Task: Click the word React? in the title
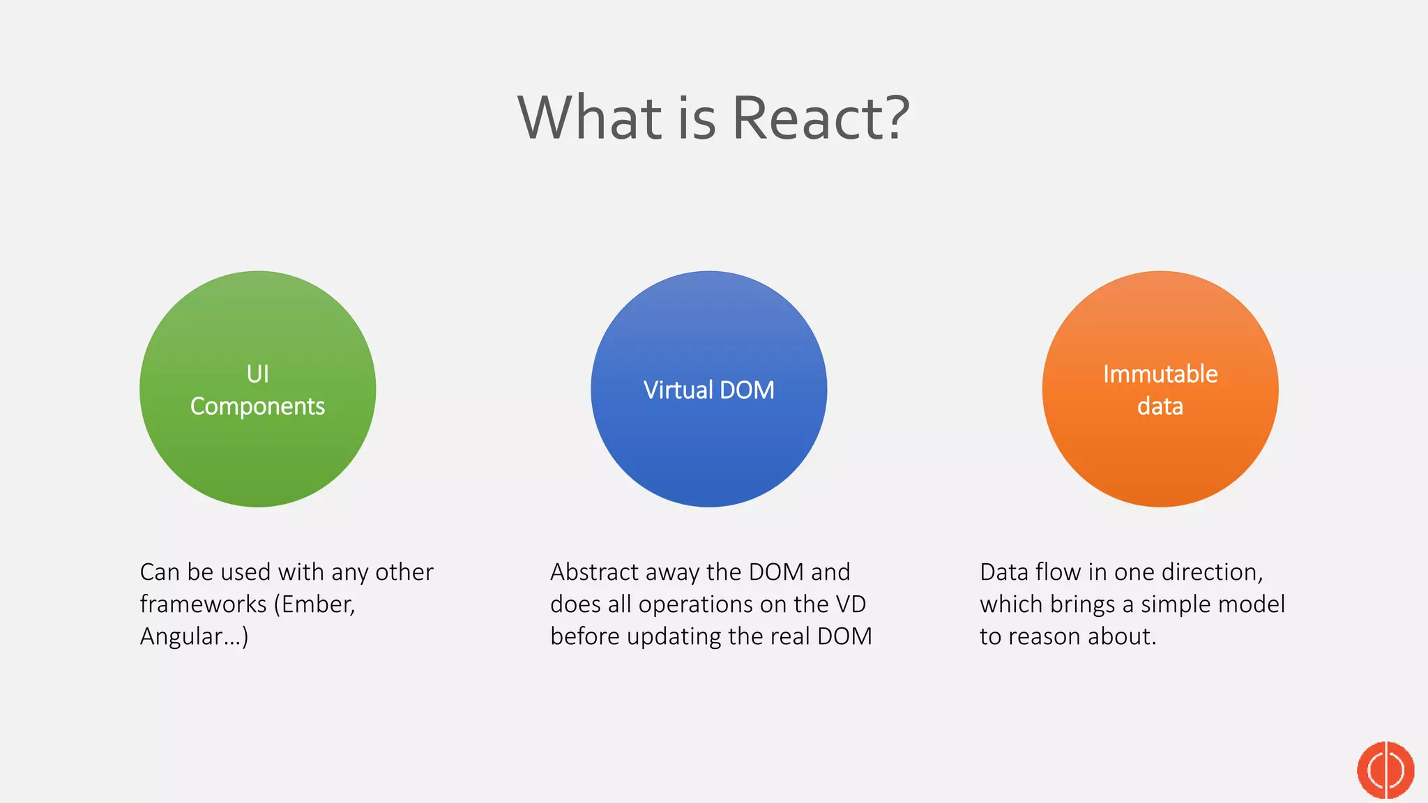(x=821, y=118)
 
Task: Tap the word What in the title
(x=591, y=118)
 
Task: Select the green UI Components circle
(x=257, y=446)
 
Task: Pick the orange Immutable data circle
(x=1160, y=453)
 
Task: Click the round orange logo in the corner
(x=1385, y=770)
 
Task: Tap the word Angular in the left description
(x=181, y=636)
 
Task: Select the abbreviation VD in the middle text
(x=850, y=604)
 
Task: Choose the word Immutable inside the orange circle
(x=1160, y=374)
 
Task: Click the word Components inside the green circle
(x=257, y=406)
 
